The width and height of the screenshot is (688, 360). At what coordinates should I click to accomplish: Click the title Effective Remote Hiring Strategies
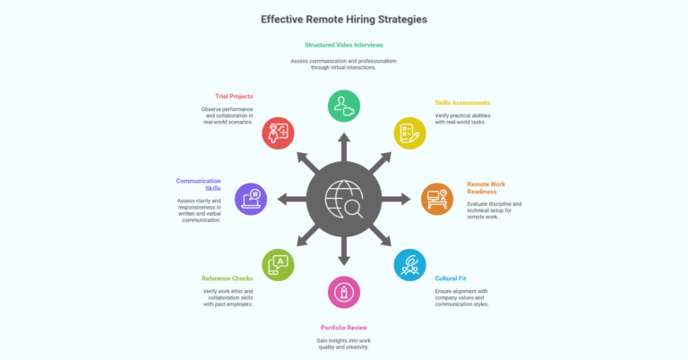click(344, 20)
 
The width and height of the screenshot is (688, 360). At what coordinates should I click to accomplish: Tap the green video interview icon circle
click(344, 106)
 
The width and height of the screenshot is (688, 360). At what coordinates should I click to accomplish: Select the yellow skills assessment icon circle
click(409, 133)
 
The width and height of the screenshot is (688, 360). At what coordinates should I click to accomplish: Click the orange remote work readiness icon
click(437, 199)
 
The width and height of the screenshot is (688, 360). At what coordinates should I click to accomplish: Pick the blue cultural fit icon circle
click(409, 265)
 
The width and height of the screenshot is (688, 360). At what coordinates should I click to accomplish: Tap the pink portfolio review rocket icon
click(344, 292)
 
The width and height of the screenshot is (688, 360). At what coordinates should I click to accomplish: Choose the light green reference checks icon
click(279, 265)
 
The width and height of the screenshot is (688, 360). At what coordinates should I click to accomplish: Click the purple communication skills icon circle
click(251, 199)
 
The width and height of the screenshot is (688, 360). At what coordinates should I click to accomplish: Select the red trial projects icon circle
click(279, 133)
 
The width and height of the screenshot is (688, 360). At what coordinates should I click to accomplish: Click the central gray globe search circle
click(344, 199)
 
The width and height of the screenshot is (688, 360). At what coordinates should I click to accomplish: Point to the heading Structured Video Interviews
click(344, 45)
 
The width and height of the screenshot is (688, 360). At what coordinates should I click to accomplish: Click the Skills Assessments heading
click(462, 103)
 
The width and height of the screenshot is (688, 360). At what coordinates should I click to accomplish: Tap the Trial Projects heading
click(234, 96)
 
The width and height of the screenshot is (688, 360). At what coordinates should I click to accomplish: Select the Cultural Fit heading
click(451, 279)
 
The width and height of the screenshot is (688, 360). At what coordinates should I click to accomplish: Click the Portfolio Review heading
click(344, 328)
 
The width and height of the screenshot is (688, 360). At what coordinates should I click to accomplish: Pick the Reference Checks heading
click(228, 279)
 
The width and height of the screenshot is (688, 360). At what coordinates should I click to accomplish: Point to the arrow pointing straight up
click(344, 148)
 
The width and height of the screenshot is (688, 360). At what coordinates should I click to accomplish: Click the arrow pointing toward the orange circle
click(396, 199)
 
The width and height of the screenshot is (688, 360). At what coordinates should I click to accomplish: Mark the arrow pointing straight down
click(344, 251)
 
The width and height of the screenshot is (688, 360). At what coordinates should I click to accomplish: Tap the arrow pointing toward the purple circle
click(292, 199)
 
